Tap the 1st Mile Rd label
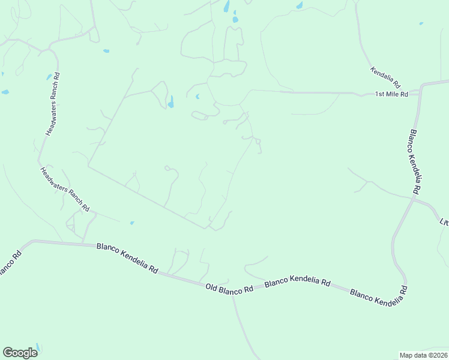(391, 94)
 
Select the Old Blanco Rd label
(229, 289)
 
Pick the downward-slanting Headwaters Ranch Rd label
(65, 189)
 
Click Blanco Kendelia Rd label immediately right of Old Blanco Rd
(298, 281)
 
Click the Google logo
(20, 353)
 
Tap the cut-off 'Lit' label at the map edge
(444, 221)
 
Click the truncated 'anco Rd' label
(10, 264)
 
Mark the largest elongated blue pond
(171, 101)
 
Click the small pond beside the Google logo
(37, 347)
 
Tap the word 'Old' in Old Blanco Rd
(211, 287)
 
